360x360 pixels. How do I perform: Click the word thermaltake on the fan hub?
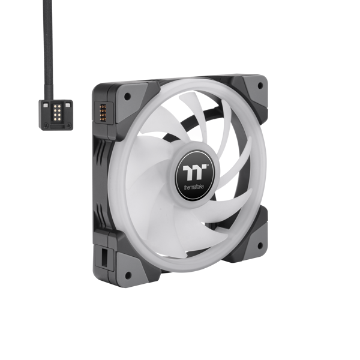[x=194, y=187]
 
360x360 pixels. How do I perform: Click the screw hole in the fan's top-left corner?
[x=127, y=97]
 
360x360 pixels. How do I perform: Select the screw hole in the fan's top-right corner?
[x=260, y=86]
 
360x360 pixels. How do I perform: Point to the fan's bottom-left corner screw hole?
[x=128, y=275]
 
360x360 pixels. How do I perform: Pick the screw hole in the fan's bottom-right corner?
[x=260, y=245]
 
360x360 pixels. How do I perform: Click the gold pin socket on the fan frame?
[x=103, y=113]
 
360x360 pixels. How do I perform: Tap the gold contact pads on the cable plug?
[x=57, y=113]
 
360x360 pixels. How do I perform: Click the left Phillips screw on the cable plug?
[x=46, y=125]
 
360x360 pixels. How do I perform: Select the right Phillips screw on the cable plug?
[x=68, y=125]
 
